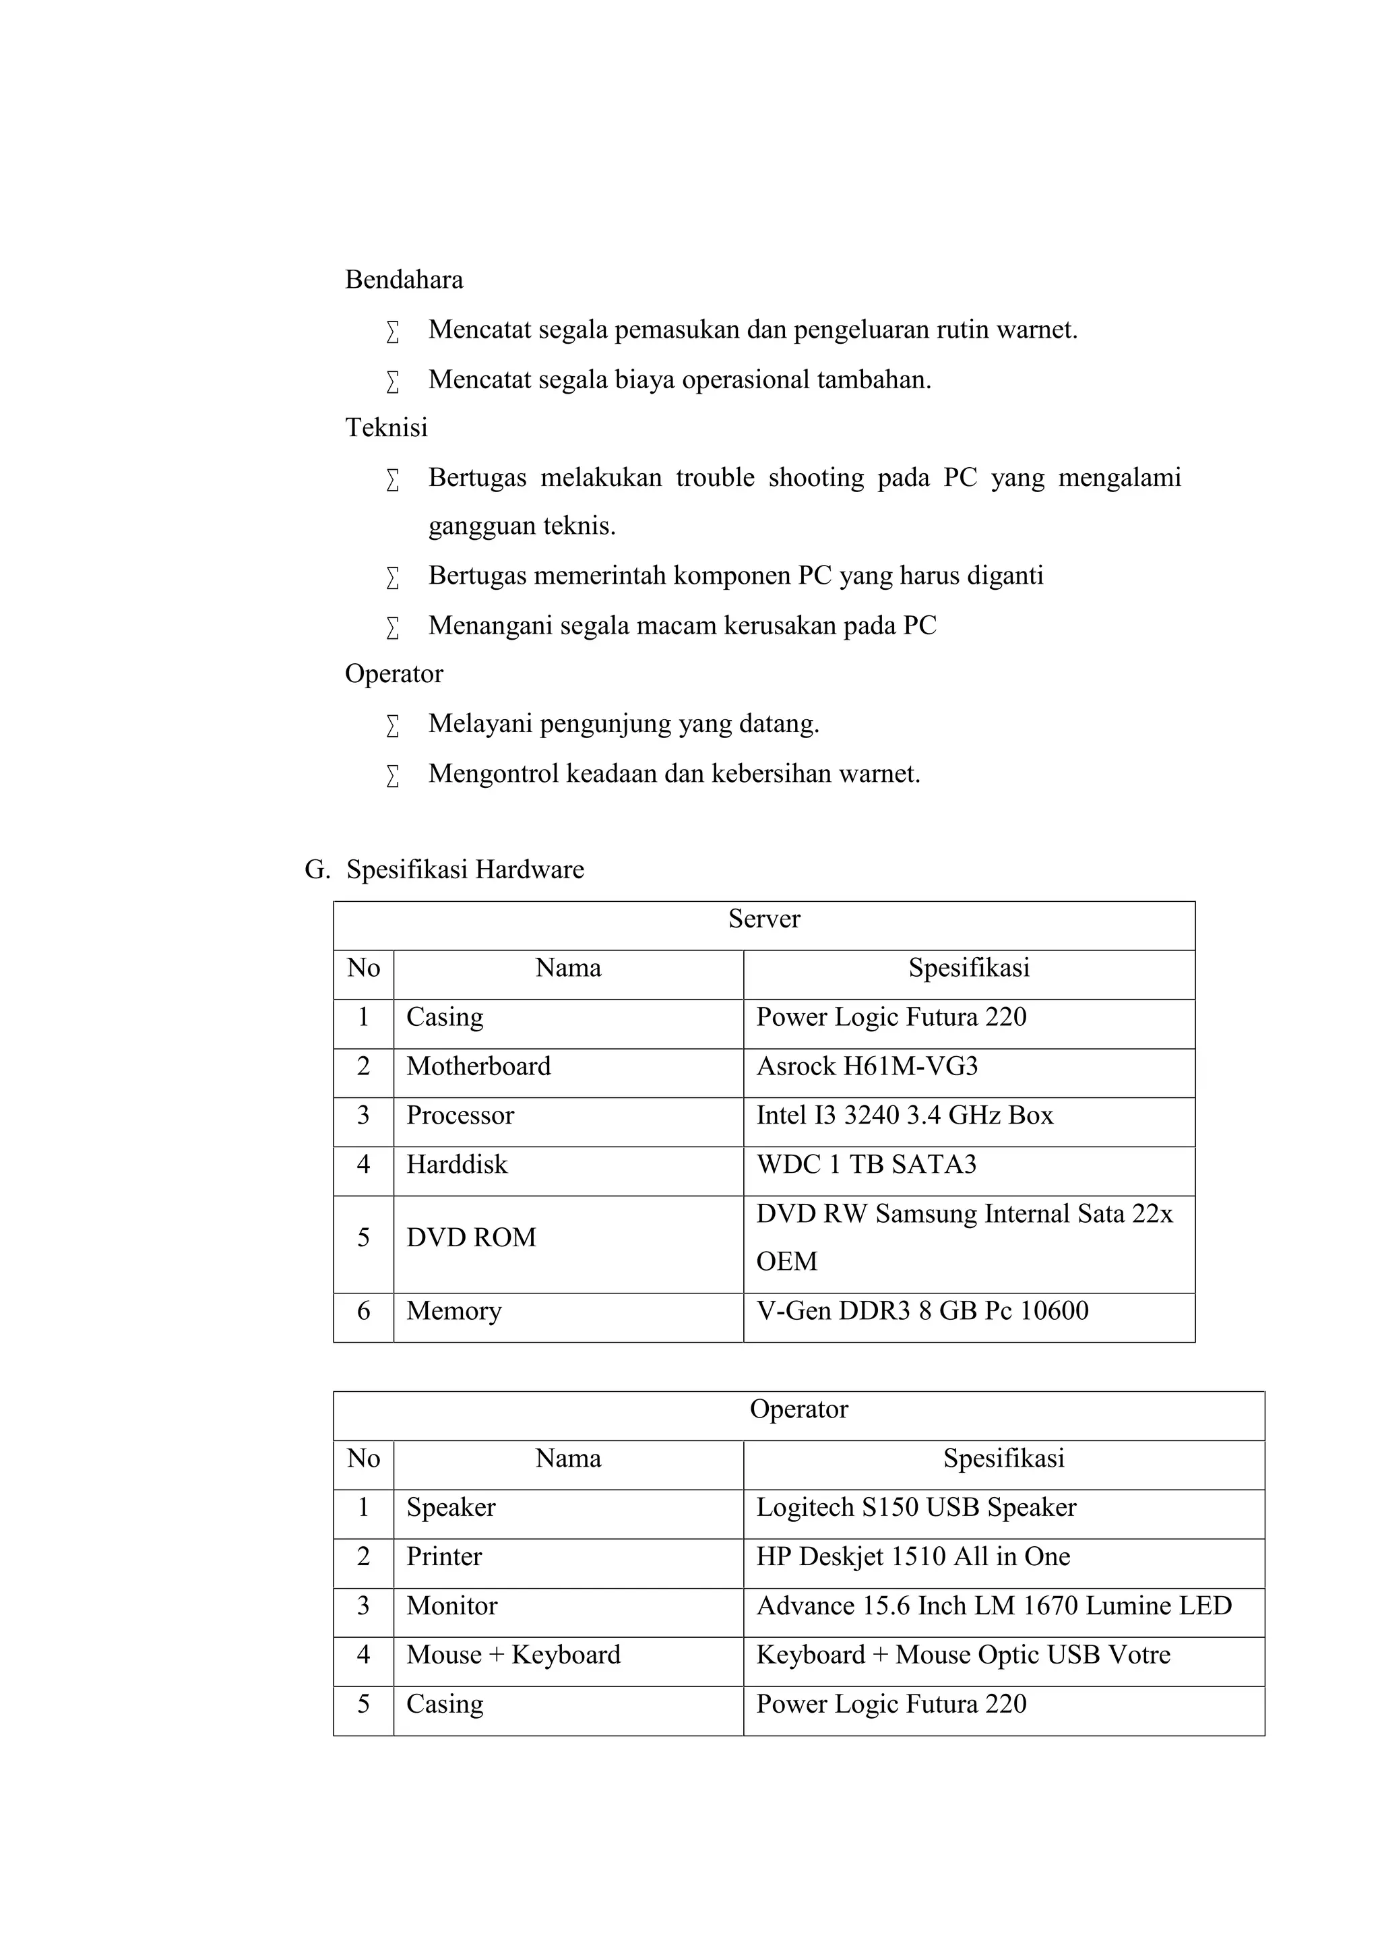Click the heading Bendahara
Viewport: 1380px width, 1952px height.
click(404, 280)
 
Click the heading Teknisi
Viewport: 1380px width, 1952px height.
click(386, 427)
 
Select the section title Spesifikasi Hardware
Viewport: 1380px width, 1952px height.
click(465, 870)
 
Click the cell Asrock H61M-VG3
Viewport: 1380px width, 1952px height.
click(867, 1066)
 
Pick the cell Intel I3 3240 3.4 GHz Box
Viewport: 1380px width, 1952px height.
click(904, 1116)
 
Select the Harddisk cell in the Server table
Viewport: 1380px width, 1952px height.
click(456, 1165)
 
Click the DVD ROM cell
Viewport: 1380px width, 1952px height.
click(471, 1238)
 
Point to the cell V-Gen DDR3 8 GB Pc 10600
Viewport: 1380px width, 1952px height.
click(922, 1311)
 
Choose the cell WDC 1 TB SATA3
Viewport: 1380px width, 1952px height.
click(866, 1165)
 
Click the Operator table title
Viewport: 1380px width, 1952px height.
click(798, 1409)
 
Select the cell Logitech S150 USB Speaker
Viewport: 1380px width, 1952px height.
click(916, 1507)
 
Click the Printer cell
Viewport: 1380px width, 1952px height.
click(443, 1556)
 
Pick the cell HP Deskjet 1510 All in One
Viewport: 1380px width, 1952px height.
click(912, 1556)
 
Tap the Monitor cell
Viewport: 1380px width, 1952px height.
click(451, 1606)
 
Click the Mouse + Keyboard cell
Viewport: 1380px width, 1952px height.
click(513, 1655)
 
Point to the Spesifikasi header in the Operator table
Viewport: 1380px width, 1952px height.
click(1003, 1459)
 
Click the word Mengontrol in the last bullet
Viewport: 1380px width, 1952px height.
click(493, 774)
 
